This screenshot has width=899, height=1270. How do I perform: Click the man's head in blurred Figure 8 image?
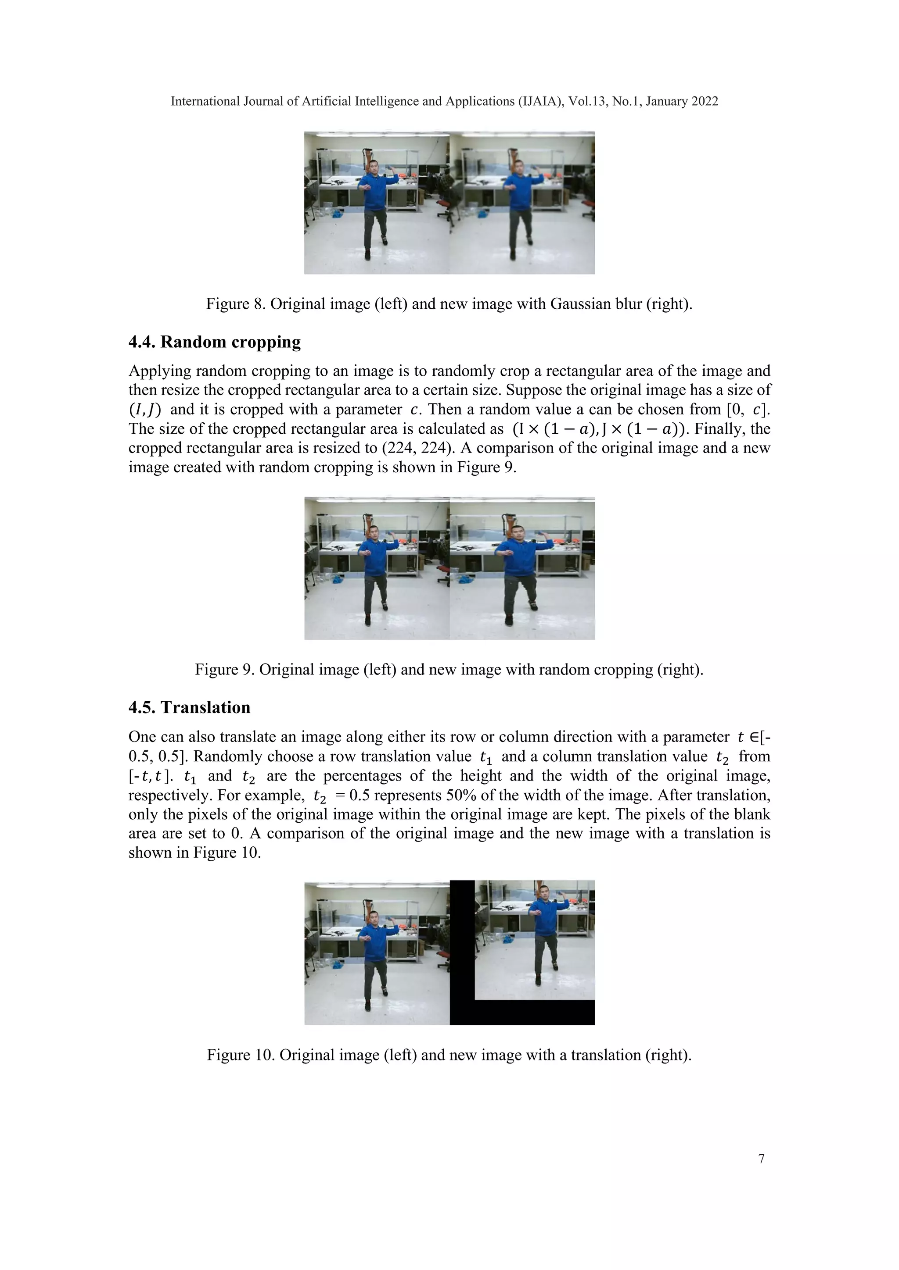[x=518, y=167]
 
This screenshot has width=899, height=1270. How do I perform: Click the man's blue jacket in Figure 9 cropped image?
[x=519, y=559]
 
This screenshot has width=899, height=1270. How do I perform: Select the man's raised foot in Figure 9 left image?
[x=385, y=607]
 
